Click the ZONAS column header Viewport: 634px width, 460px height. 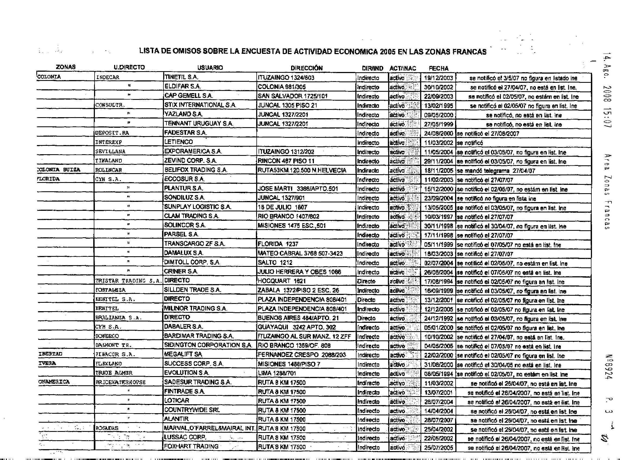pyautogui.click(x=66, y=67)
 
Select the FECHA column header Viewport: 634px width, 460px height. pyautogui.click(x=438, y=68)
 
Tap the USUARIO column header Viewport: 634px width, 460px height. pyautogui.click(x=210, y=68)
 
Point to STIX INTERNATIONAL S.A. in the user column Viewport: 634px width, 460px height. pyautogui.click(x=200, y=105)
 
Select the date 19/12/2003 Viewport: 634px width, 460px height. pyautogui.click(x=438, y=78)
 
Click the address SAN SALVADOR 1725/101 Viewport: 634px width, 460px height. pyautogui.click(x=292, y=96)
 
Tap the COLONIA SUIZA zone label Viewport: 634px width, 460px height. pyautogui.click(x=59, y=170)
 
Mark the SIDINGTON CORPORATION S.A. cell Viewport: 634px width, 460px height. pyautogui.click(x=208, y=345)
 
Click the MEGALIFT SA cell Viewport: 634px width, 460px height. pyautogui.click(x=183, y=354)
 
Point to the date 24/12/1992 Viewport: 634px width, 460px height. pyautogui.click(x=438, y=318)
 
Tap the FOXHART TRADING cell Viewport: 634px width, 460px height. pyautogui.click(x=191, y=446)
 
